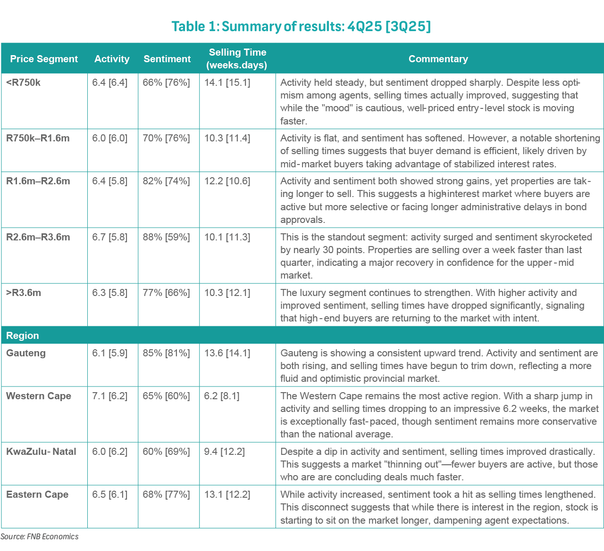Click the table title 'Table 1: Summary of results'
tap(301, 26)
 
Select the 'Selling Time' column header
tap(237, 59)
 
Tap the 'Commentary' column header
tap(438, 59)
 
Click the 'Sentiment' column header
tap(167, 59)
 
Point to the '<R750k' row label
tap(24, 82)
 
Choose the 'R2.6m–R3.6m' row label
tap(38, 237)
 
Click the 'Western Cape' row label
tap(39, 396)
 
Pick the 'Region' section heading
tap(23, 336)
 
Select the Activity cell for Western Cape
tap(110, 396)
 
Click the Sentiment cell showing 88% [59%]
tap(166, 237)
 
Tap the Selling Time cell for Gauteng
tap(227, 353)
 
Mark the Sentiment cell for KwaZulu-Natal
tap(166, 452)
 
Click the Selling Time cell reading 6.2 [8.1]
tap(221, 396)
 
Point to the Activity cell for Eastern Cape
tap(110, 494)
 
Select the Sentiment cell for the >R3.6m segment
tap(166, 293)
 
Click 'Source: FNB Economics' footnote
tap(40, 536)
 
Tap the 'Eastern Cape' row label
tap(37, 494)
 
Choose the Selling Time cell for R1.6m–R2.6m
tap(227, 181)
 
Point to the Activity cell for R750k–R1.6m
tap(110, 138)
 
